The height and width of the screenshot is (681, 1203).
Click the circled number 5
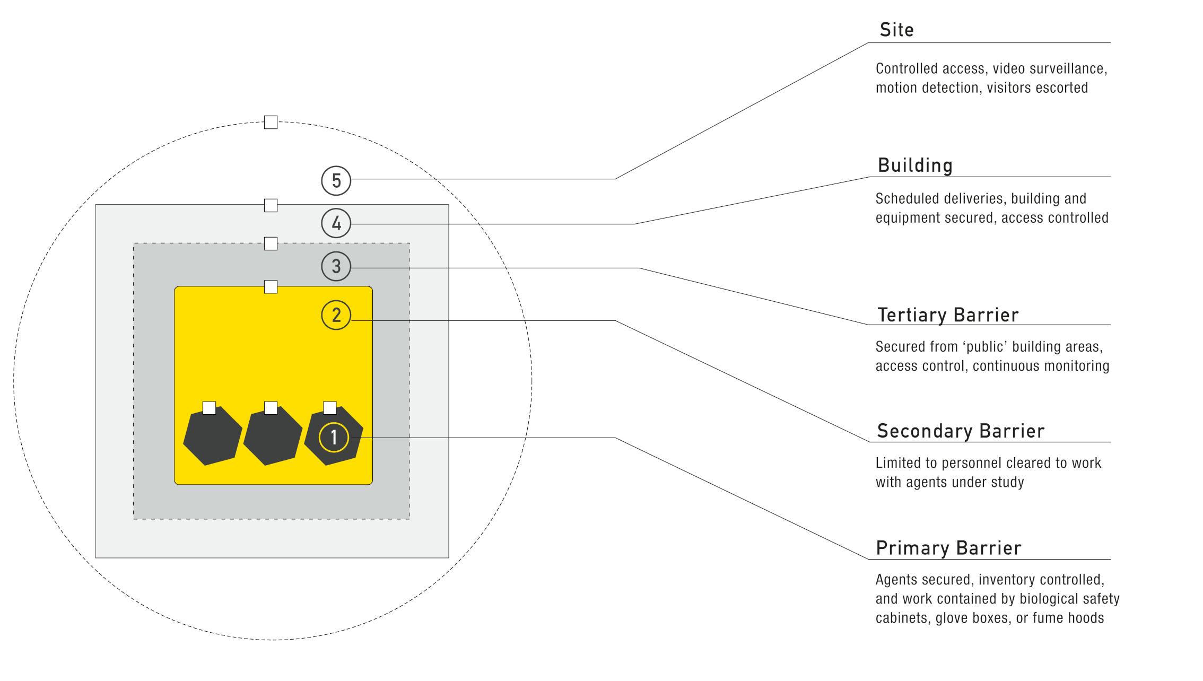[336, 181]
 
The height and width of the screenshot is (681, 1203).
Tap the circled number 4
[336, 223]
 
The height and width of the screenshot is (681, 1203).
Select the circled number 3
[336, 266]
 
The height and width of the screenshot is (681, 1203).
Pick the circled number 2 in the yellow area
[336, 315]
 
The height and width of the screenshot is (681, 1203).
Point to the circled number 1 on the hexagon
[334, 438]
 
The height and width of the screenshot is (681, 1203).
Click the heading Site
[896, 30]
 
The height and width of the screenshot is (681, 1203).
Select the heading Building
[915, 165]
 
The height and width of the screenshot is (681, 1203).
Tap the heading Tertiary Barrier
[948, 315]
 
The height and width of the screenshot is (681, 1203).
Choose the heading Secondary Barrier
[961, 431]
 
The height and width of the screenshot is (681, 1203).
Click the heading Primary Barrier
[948, 548]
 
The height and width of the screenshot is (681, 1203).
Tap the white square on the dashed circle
[271, 122]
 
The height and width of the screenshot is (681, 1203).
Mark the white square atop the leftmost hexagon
[210, 408]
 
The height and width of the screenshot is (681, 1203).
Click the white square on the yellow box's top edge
[271, 287]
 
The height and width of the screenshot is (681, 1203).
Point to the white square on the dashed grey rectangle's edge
[271, 243]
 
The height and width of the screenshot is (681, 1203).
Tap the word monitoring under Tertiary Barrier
[1076, 366]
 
